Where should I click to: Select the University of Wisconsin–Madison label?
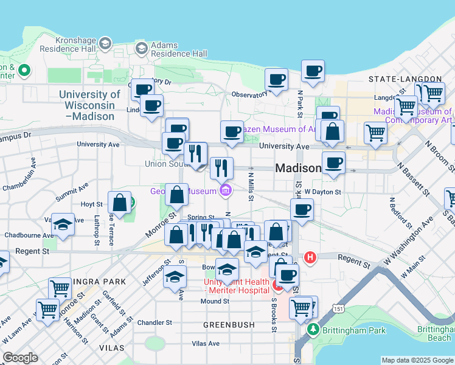[x=89, y=105]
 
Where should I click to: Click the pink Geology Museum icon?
[x=226, y=191]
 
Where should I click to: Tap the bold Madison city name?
[x=298, y=168]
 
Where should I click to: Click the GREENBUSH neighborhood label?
[x=229, y=325]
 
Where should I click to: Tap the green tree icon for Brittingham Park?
[x=313, y=330]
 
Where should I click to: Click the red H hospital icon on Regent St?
[x=310, y=257]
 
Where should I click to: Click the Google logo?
[x=20, y=358]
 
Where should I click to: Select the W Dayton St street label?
[x=323, y=192]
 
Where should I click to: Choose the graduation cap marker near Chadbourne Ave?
[x=63, y=226]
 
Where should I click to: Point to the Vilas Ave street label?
[x=206, y=343]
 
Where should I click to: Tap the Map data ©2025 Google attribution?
[x=417, y=360]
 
